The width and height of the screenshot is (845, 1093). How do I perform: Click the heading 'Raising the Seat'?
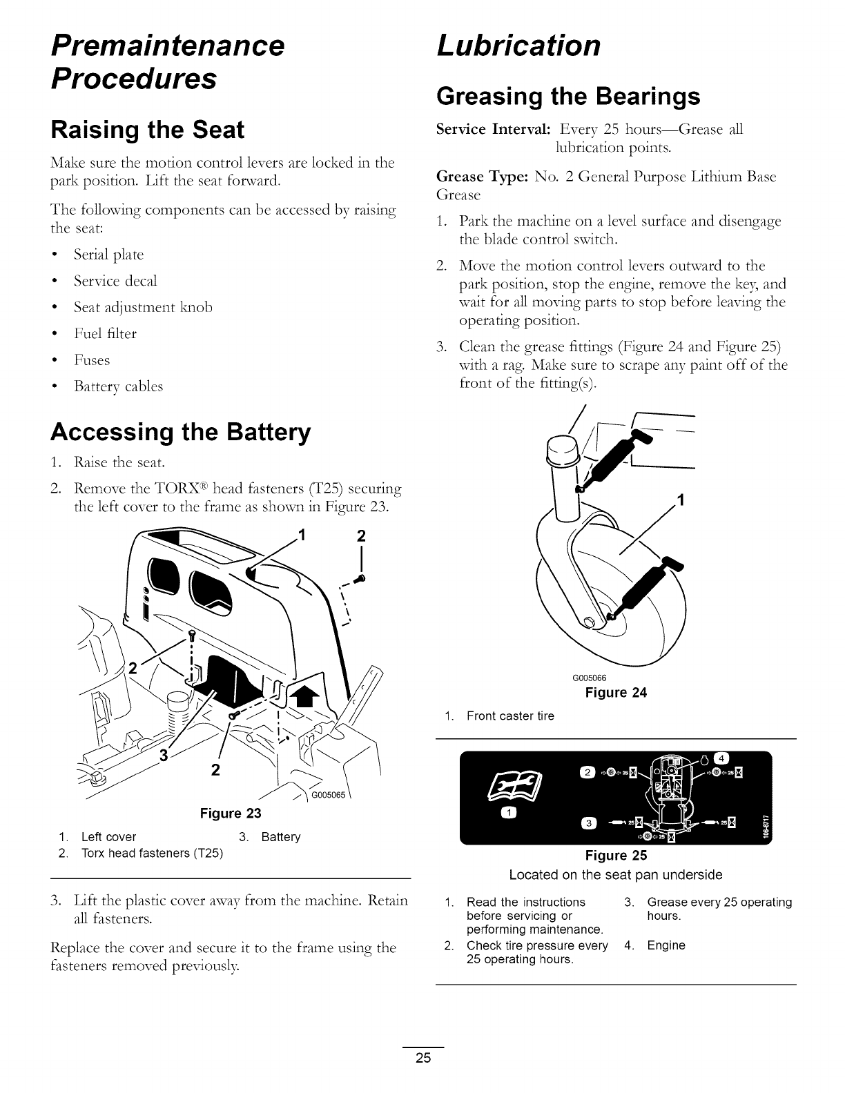coord(147,130)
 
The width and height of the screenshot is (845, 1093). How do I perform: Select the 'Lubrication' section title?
coord(518,46)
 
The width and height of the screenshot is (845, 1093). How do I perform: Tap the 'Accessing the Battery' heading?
coord(180,432)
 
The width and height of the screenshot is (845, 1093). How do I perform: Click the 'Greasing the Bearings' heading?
coord(568,96)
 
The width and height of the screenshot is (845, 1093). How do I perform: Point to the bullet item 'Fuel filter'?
coord(106,334)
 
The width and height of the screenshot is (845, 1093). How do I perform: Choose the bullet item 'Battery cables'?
coord(118,386)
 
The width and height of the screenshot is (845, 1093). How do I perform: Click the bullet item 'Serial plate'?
coord(108,255)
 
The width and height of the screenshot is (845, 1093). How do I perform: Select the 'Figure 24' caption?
coord(616,693)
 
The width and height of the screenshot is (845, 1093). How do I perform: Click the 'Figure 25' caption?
coord(616,856)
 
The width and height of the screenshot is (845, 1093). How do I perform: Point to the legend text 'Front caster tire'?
coord(510,716)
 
